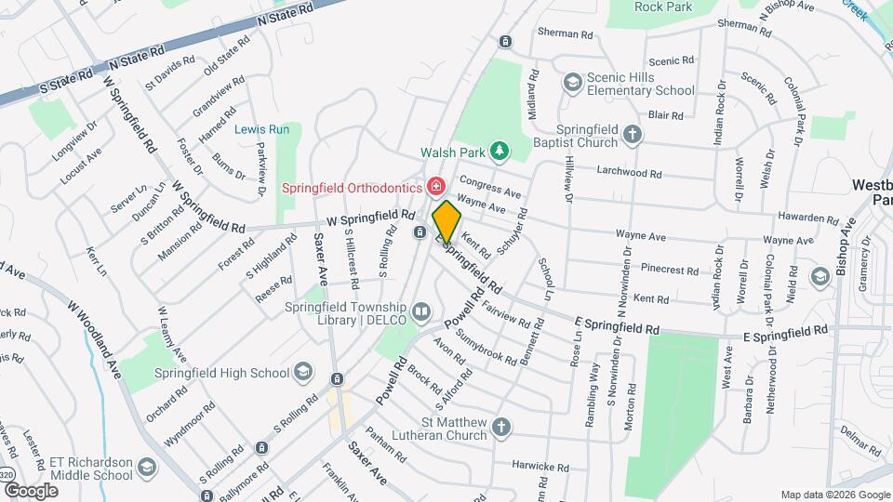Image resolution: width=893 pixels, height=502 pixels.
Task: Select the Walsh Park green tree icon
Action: [500, 150]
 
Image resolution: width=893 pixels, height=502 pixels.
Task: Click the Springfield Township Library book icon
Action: [421, 311]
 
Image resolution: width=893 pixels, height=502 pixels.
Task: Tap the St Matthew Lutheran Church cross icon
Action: [500, 428]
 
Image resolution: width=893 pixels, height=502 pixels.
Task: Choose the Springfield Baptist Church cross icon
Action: [633, 135]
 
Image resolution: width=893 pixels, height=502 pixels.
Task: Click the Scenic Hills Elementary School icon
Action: [573, 83]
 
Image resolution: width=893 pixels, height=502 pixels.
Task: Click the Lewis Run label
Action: [262, 129]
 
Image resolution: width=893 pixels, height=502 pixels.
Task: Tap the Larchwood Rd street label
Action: [630, 173]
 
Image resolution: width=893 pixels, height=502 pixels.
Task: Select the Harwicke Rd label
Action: [540, 464]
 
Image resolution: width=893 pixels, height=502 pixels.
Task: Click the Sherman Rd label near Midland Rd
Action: [566, 33]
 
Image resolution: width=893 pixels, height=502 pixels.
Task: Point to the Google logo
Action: [31, 491]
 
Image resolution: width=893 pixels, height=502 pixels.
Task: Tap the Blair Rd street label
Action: [665, 115]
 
